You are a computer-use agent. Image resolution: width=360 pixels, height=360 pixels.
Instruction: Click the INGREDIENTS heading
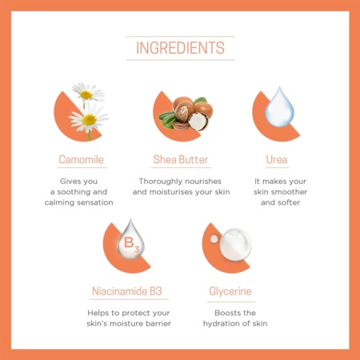pyautogui.click(x=180, y=48)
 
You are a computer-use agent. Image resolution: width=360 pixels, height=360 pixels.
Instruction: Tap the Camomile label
pyautogui.click(x=81, y=159)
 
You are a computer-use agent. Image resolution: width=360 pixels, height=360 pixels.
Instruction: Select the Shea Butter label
pyautogui.click(x=181, y=159)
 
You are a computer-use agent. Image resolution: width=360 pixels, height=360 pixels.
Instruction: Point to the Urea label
pyautogui.click(x=277, y=159)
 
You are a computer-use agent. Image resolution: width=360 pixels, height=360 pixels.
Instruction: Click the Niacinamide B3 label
pyautogui.click(x=127, y=291)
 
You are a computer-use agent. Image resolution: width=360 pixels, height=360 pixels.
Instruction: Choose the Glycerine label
pyautogui.click(x=230, y=291)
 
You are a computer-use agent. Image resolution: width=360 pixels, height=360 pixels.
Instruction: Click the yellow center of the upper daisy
pyautogui.click(x=86, y=94)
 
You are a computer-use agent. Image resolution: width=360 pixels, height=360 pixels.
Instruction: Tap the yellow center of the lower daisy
pyautogui.click(x=90, y=120)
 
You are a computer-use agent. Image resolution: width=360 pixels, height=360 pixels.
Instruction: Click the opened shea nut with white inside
pyautogui.click(x=198, y=122)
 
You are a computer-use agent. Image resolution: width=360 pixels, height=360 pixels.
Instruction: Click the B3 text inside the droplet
pyautogui.click(x=131, y=245)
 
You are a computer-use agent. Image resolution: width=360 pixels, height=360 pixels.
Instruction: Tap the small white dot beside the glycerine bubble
pyautogui.click(x=214, y=238)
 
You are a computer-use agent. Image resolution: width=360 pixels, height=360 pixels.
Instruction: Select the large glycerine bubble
pyautogui.click(x=235, y=244)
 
